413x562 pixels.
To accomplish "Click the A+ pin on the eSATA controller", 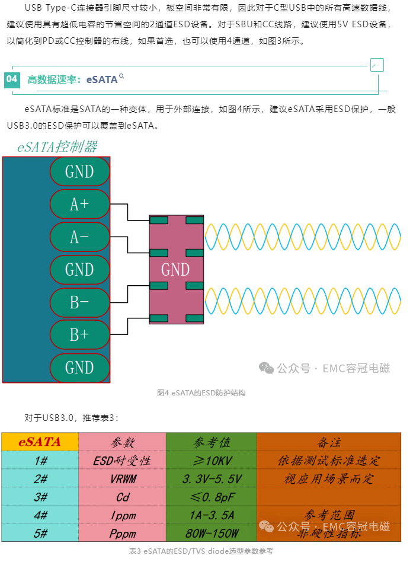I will (x=79, y=205).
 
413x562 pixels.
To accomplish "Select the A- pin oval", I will (x=79, y=237).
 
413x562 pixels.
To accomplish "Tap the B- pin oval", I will (x=79, y=302).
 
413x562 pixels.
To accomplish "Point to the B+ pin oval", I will (x=79, y=335).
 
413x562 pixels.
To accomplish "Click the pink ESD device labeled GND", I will (x=176, y=270).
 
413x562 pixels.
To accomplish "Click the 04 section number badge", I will (x=12, y=79).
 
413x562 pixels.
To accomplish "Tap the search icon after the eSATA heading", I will (x=122, y=76).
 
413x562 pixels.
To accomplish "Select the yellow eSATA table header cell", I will (x=40, y=442).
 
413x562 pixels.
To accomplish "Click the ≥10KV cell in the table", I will (x=211, y=461).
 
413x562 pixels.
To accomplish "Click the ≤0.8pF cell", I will (x=211, y=497).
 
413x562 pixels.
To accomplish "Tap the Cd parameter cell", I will (x=122, y=497).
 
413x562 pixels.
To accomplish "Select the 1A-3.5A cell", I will (x=211, y=515).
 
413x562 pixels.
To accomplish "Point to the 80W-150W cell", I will (x=211, y=534).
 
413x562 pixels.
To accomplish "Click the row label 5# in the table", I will (x=40, y=534).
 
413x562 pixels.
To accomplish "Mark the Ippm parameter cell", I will (x=122, y=515).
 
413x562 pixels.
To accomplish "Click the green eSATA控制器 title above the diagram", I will (x=57, y=146).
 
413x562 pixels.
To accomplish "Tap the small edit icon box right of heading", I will (x=376, y=65).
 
